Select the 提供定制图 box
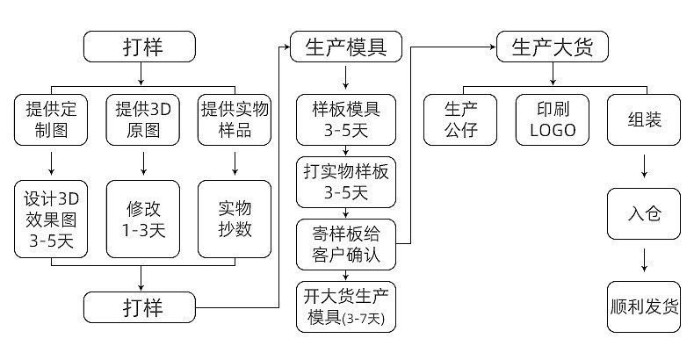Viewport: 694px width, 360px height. (x=51, y=121)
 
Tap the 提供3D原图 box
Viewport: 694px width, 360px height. (x=142, y=121)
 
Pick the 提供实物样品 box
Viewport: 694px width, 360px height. (x=235, y=121)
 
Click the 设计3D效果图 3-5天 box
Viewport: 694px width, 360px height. (x=51, y=220)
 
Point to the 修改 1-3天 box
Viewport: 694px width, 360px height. (x=142, y=220)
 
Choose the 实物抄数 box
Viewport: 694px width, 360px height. (x=235, y=220)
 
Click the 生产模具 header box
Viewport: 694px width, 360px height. (x=346, y=46)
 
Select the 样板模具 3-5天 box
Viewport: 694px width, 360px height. (x=346, y=121)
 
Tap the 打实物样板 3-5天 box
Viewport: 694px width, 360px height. (x=346, y=181)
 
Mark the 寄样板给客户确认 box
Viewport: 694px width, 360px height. (x=346, y=244)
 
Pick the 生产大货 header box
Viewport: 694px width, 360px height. (x=553, y=46)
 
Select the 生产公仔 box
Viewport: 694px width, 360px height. (x=460, y=121)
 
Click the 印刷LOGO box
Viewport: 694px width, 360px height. (x=553, y=121)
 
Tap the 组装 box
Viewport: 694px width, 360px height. (x=645, y=121)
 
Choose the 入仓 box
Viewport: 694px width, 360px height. (x=645, y=214)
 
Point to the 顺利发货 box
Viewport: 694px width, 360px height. (x=645, y=306)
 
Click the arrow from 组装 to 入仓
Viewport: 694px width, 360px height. (x=645, y=167)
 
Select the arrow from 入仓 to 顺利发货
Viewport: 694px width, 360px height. (x=645, y=260)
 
